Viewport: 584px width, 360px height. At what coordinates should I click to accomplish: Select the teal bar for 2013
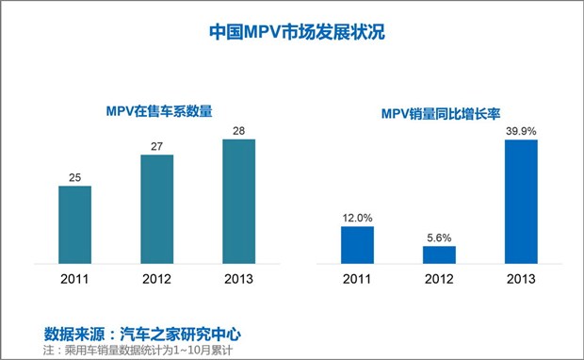[238, 202]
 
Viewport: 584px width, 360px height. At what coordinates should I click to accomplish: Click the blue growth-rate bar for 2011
[357, 245]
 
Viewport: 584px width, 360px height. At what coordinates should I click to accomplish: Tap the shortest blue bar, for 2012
[439, 254]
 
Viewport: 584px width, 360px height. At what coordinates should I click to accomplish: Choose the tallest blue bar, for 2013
[520, 202]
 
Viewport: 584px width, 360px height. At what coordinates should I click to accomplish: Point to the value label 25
[74, 177]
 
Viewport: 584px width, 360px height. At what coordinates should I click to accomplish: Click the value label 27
[156, 146]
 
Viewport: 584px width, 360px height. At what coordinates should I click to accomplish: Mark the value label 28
[238, 131]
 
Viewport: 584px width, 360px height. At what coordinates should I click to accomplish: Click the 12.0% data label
[357, 218]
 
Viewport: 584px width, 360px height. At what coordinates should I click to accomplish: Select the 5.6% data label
[439, 237]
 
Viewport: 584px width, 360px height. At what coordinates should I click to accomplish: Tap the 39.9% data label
[520, 131]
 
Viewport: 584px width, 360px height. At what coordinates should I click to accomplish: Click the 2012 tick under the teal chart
[156, 279]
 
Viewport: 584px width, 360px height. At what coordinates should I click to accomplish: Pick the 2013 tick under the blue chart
[520, 279]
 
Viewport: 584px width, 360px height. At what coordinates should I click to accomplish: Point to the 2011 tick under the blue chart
[357, 279]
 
